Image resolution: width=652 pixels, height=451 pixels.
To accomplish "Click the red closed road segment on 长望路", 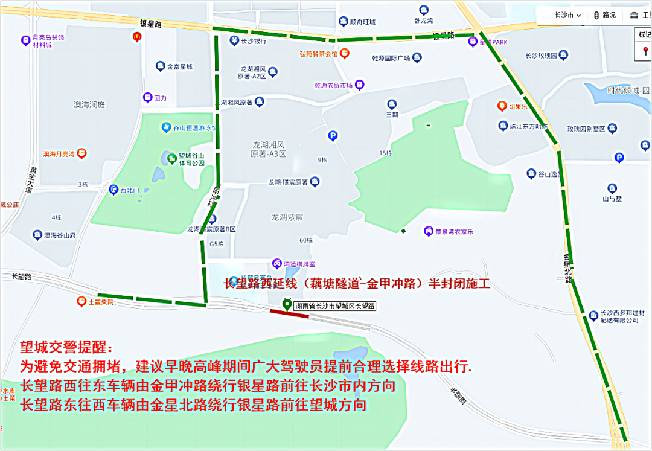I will (289, 313).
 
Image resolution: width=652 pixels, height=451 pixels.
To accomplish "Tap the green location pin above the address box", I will (287, 304).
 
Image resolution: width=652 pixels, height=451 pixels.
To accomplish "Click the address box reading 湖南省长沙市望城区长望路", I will (335, 307).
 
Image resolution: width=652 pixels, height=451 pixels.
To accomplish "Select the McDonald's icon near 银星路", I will (137, 37).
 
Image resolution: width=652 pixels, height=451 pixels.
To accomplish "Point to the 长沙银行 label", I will (254, 42).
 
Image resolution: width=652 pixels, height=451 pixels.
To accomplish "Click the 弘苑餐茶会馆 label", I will (319, 54).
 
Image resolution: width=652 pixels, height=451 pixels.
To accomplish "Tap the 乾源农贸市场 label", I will (333, 85).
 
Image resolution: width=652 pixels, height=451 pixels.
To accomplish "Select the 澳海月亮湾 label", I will (59, 154).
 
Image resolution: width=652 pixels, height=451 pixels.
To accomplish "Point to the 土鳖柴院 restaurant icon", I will (81, 301).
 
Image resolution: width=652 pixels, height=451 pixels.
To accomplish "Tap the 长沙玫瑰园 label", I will (540, 56).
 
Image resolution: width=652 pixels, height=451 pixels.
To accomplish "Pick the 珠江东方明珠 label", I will (528, 126).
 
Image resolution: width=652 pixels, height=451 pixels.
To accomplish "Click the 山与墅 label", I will (612, 198).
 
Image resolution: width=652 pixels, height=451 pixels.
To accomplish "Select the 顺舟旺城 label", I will (362, 22).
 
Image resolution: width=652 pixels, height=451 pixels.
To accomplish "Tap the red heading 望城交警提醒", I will (66, 348).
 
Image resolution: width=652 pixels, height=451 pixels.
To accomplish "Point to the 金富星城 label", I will (179, 66).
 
